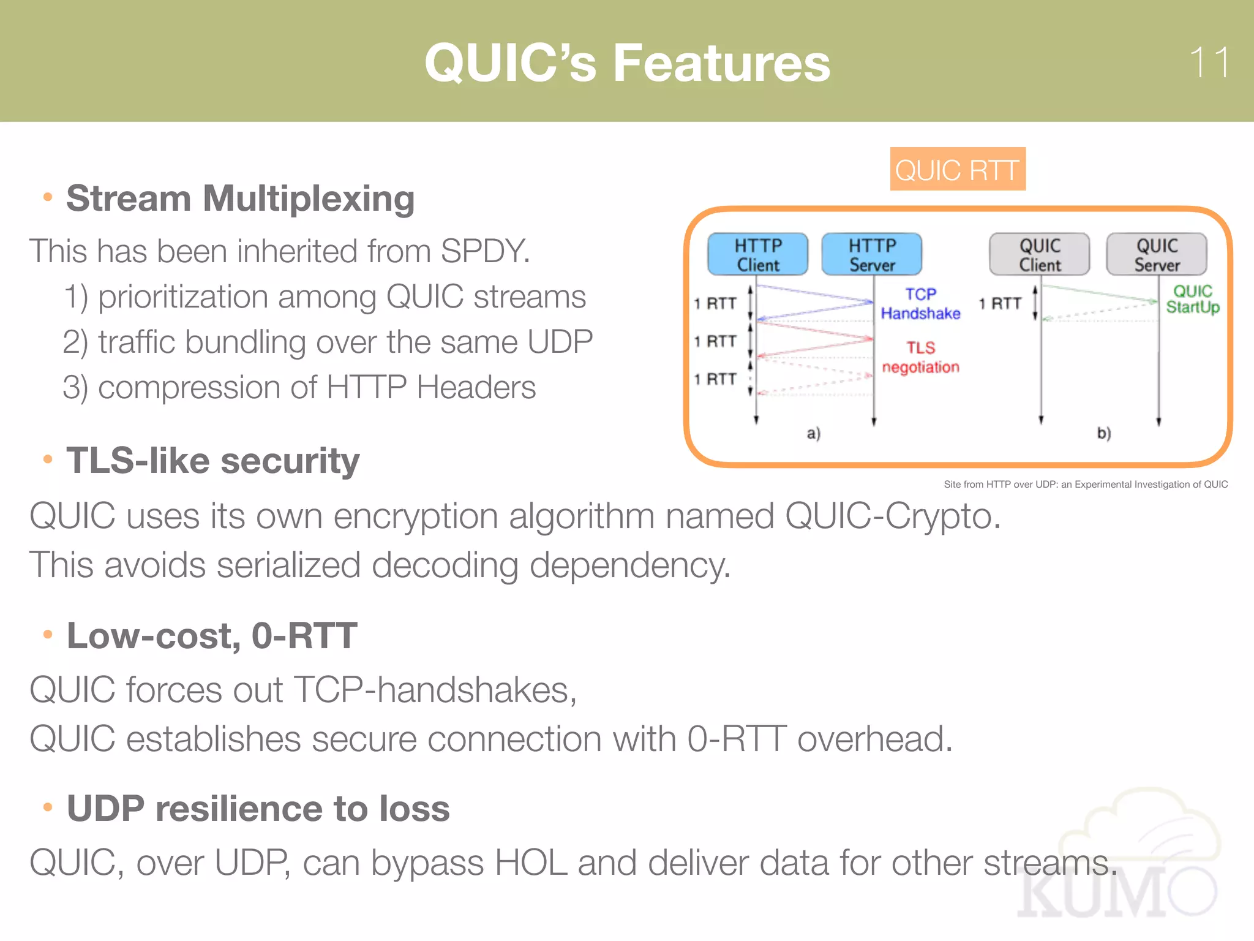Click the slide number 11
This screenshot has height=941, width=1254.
coord(1209,62)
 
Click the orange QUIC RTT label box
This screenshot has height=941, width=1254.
coord(957,170)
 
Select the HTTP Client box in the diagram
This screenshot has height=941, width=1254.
coord(757,254)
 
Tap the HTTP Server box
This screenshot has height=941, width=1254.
coord(871,254)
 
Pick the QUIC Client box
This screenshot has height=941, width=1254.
coord(1039,254)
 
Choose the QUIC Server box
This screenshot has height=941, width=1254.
coord(1156,254)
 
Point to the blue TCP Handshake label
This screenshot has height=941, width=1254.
coord(920,304)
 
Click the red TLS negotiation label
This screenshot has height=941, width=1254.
coord(920,357)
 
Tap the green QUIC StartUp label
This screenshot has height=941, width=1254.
coord(1192,299)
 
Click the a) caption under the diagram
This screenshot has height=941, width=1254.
coord(813,433)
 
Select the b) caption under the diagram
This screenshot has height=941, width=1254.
coord(1103,433)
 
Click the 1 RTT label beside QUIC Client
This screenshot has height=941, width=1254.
coord(999,303)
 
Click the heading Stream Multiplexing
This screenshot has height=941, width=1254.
coord(240,198)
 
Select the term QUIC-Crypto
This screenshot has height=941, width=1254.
coord(892,516)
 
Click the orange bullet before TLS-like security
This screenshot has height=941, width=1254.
coord(48,459)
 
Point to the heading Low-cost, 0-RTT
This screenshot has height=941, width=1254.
coord(212,635)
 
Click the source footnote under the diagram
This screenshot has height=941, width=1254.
coord(1085,484)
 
